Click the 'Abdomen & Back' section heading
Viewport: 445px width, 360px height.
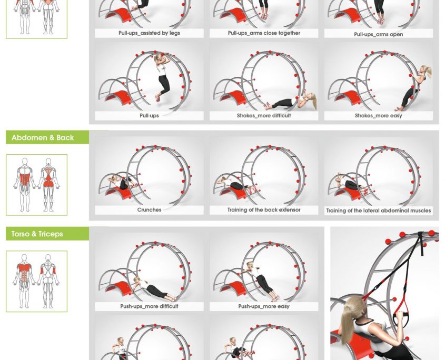[43, 138]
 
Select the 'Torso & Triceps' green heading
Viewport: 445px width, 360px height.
[37, 234]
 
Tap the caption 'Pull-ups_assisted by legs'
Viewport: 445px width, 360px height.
[149, 33]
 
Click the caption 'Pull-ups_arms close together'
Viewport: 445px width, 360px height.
[264, 33]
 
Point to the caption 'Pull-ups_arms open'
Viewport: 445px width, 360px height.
[378, 35]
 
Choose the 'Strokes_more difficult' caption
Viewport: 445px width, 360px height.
[264, 116]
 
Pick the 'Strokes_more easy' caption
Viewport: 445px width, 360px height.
[378, 116]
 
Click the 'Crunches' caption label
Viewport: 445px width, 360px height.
[149, 210]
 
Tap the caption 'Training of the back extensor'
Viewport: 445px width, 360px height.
[264, 210]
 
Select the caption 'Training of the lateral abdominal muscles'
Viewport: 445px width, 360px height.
[378, 211]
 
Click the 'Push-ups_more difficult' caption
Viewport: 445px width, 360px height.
[149, 306]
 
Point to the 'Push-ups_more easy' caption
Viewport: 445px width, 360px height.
[264, 306]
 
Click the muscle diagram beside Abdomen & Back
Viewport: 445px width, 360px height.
[37, 185]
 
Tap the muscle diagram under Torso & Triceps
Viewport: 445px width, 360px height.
[37, 281]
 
